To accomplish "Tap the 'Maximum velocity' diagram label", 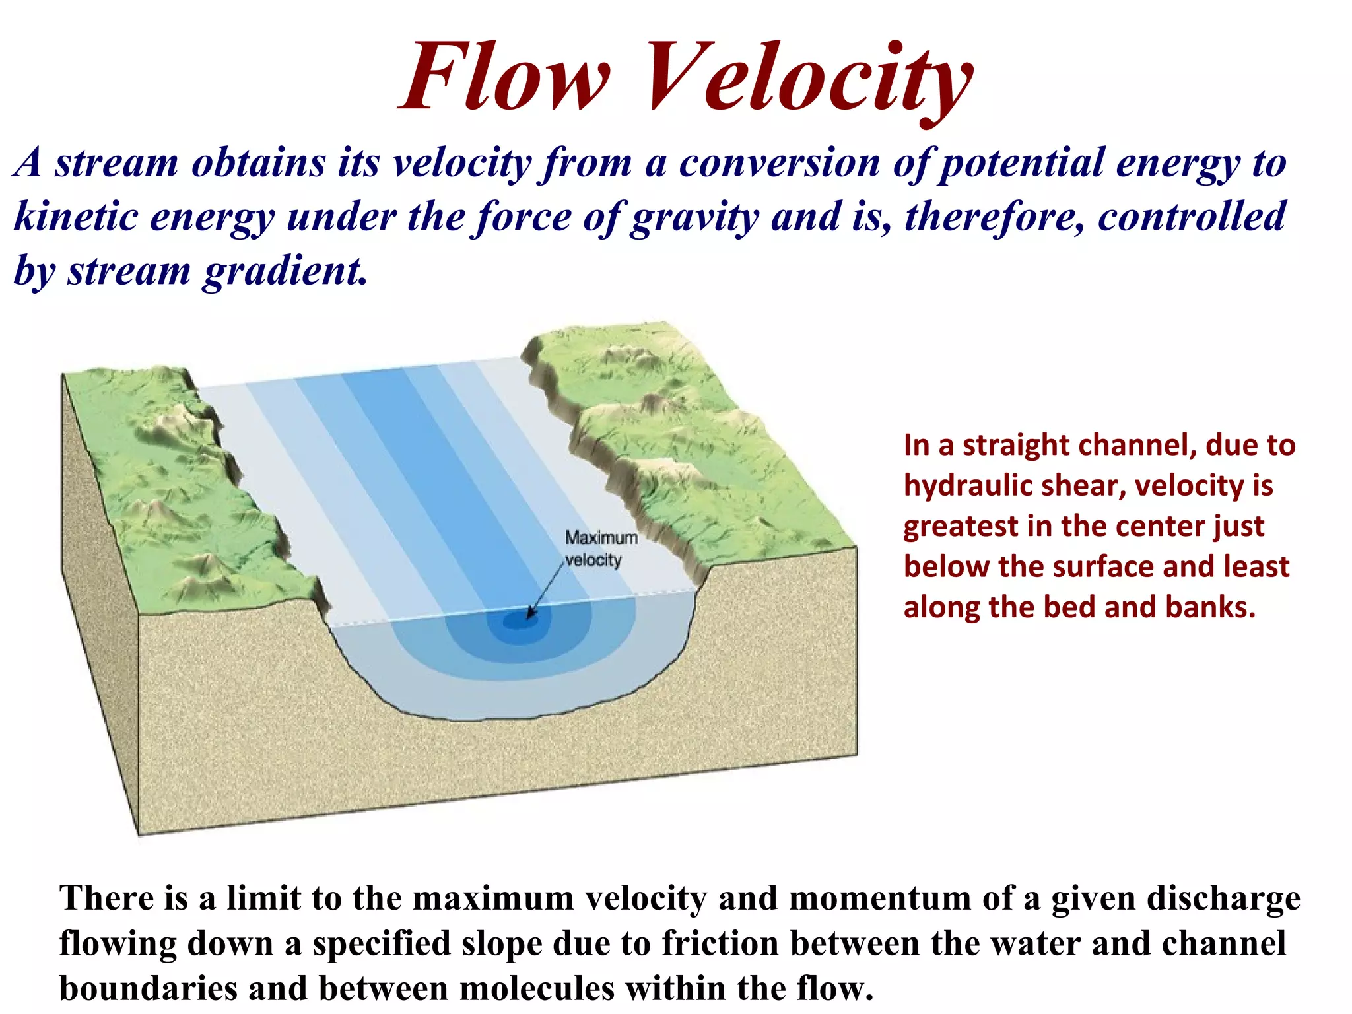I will (x=599, y=549).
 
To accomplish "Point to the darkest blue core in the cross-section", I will (x=521, y=621).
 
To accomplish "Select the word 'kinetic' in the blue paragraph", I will (x=73, y=217).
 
